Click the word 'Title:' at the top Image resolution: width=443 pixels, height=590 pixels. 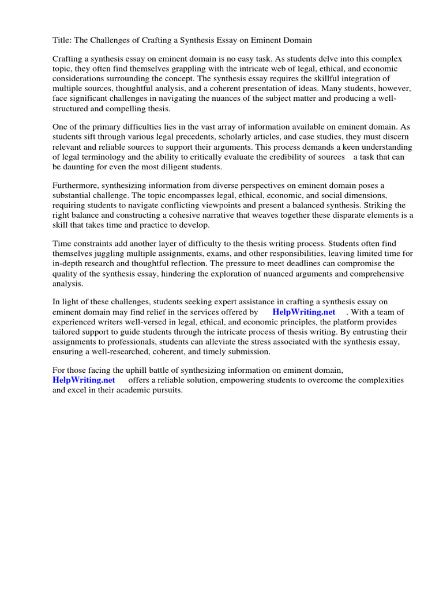62,40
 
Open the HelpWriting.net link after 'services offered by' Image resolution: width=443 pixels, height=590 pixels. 304,312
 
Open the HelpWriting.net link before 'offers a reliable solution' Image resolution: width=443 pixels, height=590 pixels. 84,380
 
